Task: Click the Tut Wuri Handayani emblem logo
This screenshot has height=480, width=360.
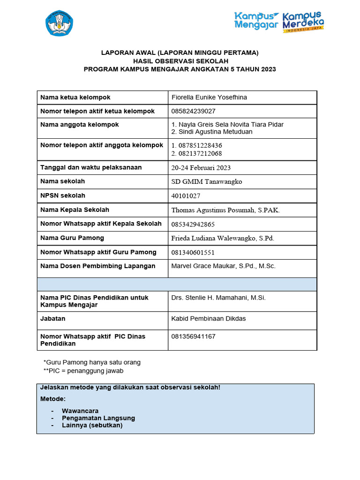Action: point(59,23)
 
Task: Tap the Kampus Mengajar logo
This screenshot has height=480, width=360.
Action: point(256,21)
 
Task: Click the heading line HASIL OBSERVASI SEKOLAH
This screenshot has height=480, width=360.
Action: point(180,61)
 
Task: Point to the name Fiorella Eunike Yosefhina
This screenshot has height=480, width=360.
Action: point(209,97)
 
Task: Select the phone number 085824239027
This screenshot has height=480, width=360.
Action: point(194,111)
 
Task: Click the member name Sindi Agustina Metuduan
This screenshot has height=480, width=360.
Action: point(212,132)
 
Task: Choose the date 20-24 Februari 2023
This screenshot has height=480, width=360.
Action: point(201,167)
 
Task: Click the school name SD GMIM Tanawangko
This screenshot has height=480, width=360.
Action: point(207,181)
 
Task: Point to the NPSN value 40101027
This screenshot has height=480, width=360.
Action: point(186,195)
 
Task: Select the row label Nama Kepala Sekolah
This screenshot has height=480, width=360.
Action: point(75,210)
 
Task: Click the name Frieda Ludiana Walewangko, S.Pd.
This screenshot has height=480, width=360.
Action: point(223,238)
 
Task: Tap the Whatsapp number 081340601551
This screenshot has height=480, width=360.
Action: point(193,252)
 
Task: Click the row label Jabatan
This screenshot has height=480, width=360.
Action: point(53,319)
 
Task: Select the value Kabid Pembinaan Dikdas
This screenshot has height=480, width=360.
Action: point(209,319)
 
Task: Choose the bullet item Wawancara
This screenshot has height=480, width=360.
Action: point(80,411)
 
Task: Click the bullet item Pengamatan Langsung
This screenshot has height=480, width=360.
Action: point(98,418)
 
